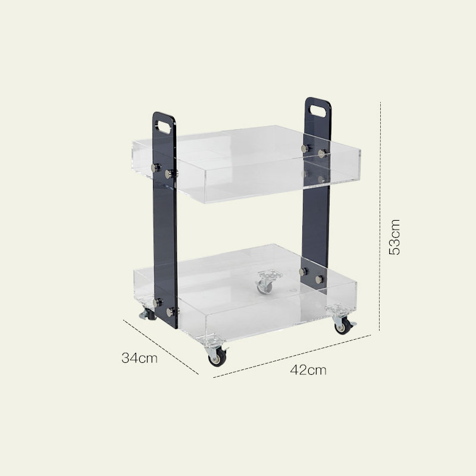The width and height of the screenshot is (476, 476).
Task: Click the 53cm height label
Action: [394, 237]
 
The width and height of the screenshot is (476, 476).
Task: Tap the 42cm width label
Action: [308, 370]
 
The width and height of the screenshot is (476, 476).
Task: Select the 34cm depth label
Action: [139, 358]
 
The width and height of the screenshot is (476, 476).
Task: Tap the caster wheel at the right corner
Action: [343, 326]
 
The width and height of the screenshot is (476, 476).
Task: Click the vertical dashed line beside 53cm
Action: [380, 217]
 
